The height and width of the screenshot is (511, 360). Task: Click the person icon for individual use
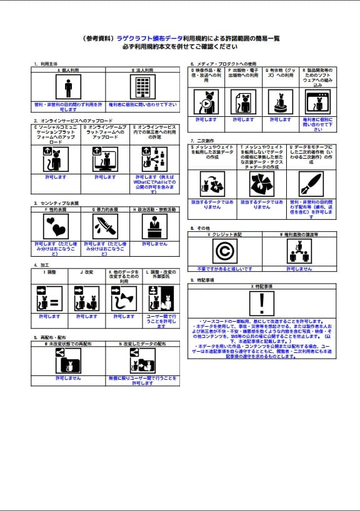point(68,87)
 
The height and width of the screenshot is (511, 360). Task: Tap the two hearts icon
point(56,226)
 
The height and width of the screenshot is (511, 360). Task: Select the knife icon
point(105,226)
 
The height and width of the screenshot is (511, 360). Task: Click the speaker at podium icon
point(154,226)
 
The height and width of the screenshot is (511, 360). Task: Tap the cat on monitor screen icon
point(105,160)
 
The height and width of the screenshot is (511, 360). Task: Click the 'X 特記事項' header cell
point(262,286)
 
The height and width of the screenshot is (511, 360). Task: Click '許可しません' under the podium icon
point(154,244)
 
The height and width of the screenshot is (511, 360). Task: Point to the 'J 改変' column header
point(86,273)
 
